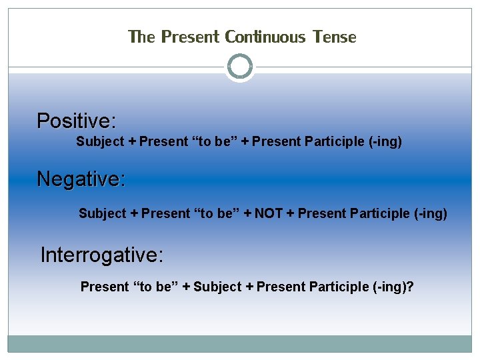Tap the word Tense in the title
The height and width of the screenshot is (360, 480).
333,37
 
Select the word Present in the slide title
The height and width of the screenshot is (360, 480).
190,37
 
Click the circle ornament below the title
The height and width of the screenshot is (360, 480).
240,67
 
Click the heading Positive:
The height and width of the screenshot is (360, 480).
77,121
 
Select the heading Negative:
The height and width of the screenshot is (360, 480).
81,179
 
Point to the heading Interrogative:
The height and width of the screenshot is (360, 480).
102,255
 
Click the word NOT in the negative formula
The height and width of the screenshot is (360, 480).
269,213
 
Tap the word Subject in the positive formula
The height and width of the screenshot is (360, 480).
100,141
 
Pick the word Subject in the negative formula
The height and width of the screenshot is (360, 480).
103,213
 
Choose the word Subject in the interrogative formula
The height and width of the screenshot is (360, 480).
217,287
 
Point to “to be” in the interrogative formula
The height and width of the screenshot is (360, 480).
155,287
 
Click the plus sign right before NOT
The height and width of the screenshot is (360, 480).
247,213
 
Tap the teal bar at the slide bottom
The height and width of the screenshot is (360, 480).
240,343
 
